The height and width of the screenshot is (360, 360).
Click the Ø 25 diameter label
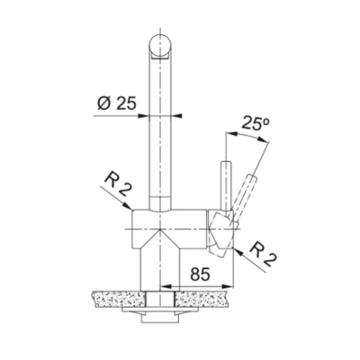pyautogui.click(x=117, y=103)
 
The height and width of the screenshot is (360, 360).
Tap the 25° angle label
pyautogui.click(x=256, y=123)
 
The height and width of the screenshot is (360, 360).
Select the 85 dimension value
pyautogui.click(x=200, y=274)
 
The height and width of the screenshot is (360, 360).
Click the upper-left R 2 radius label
pyautogui.click(x=117, y=185)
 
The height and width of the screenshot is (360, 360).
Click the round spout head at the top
pyautogui.click(x=160, y=47)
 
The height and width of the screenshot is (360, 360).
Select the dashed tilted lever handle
pyautogui.click(x=244, y=196)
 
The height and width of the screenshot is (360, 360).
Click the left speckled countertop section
pyautogui.click(x=120, y=299)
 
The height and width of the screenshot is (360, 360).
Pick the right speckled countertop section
pyautogui.click(x=203, y=299)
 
